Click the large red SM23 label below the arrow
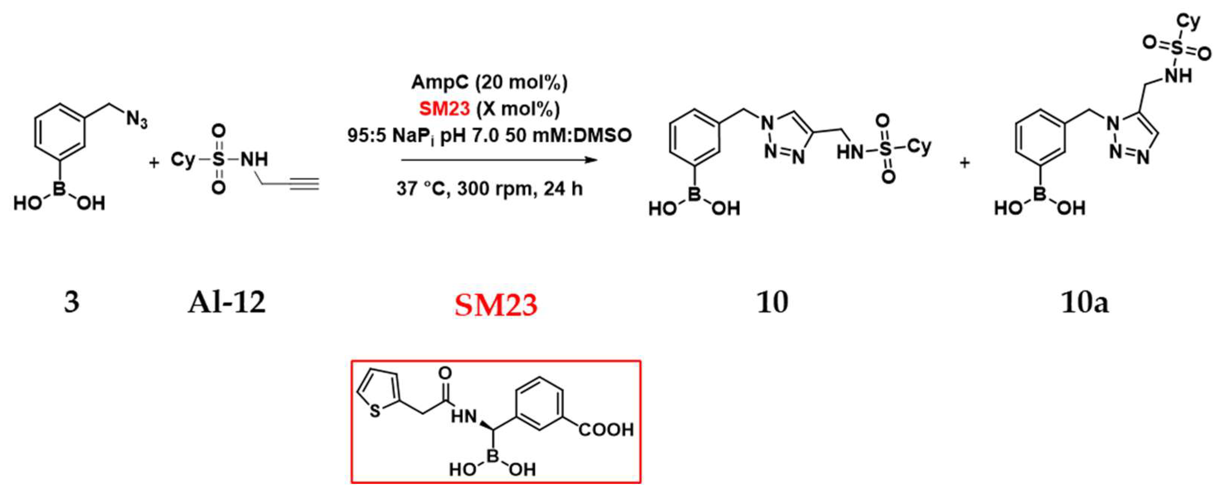click(496, 305)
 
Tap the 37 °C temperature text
click(422, 189)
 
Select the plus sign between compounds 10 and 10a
click(965, 163)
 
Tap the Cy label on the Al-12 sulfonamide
click(183, 159)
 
